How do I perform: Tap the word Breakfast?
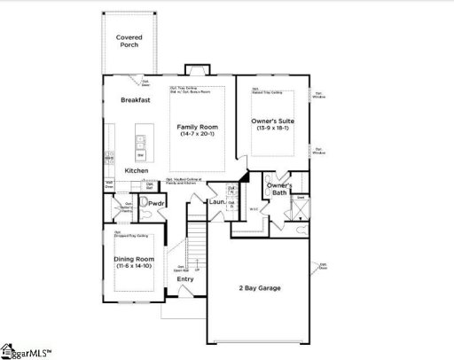[x=136, y=100]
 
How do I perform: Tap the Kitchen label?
[x=136, y=170]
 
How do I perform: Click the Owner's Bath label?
[x=278, y=188]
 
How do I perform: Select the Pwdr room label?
[x=158, y=204]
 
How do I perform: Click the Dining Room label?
[x=133, y=259]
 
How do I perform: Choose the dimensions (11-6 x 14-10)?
[x=133, y=267]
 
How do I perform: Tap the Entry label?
[x=184, y=279]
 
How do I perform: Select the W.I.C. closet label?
[x=254, y=210]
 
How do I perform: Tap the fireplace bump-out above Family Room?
[x=195, y=70]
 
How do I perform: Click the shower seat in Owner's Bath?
[x=301, y=198]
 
